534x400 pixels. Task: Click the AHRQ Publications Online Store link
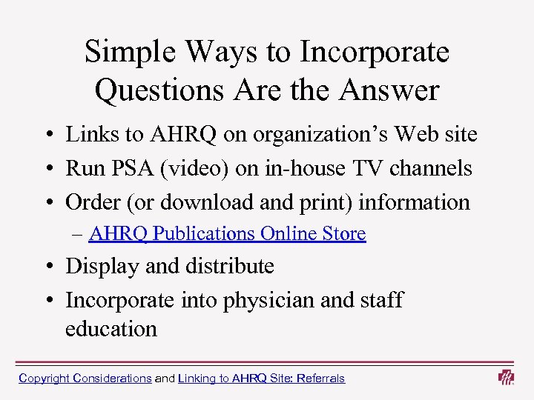[x=227, y=234]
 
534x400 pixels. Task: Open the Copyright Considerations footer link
[x=85, y=379]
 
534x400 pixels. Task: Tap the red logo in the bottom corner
[x=506, y=377]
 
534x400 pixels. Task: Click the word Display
[x=102, y=266]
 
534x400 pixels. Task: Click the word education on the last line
[x=111, y=329]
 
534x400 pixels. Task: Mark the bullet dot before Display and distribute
[x=47, y=267]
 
